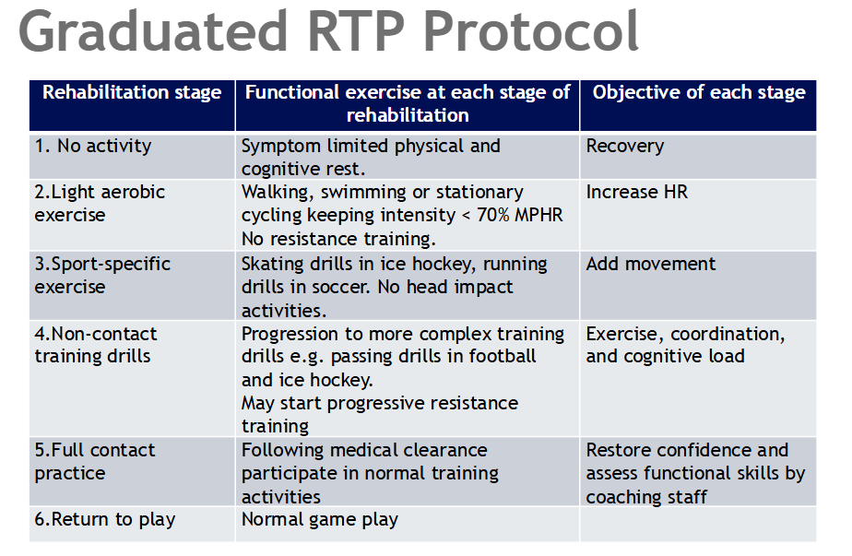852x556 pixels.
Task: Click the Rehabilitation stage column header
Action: coord(132,93)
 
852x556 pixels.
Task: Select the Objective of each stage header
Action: coord(698,93)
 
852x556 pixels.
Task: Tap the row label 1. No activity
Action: coord(93,147)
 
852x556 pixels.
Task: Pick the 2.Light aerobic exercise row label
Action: coord(100,204)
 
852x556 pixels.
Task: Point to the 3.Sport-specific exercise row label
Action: coord(102,275)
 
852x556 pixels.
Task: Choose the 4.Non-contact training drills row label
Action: coord(96,345)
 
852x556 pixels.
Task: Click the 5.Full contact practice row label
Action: coord(95,462)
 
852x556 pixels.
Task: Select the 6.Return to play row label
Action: coord(104,520)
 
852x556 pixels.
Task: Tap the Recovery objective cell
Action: coord(624,147)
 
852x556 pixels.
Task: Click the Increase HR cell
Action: coord(636,193)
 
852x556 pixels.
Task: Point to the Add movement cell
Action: coord(651,264)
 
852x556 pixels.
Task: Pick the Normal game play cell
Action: coord(319,520)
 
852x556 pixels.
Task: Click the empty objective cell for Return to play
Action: coord(698,523)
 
